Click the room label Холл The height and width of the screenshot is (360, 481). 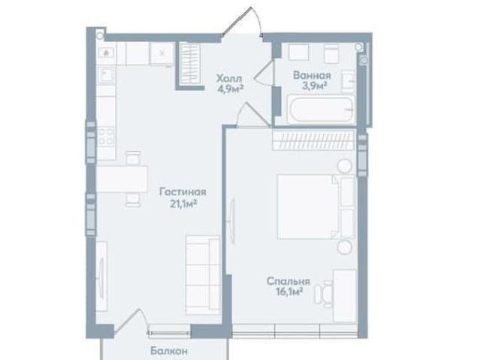click(x=229, y=78)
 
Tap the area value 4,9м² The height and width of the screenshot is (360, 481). click(x=231, y=89)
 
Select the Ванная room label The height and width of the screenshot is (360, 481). click(x=312, y=75)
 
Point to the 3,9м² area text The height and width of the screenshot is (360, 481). click(x=314, y=86)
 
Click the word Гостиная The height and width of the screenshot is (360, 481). click(x=183, y=192)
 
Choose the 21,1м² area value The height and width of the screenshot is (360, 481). click(x=183, y=204)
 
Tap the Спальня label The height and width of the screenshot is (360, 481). click(x=289, y=281)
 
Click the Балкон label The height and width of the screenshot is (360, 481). click(x=169, y=350)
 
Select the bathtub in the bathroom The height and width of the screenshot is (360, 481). click(x=321, y=109)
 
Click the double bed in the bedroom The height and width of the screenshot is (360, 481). click(x=316, y=207)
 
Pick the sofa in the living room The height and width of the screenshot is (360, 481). click(x=202, y=275)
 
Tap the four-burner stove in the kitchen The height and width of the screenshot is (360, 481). click(x=106, y=137)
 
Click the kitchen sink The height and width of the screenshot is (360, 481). click(x=106, y=75)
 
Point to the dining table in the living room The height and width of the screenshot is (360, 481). click(x=122, y=179)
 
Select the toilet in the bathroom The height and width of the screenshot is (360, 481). click(x=331, y=54)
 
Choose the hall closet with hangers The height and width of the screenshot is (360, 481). click(x=190, y=63)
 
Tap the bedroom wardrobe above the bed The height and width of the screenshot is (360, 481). click(x=314, y=140)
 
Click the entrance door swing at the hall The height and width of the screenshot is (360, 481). click(x=242, y=21)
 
